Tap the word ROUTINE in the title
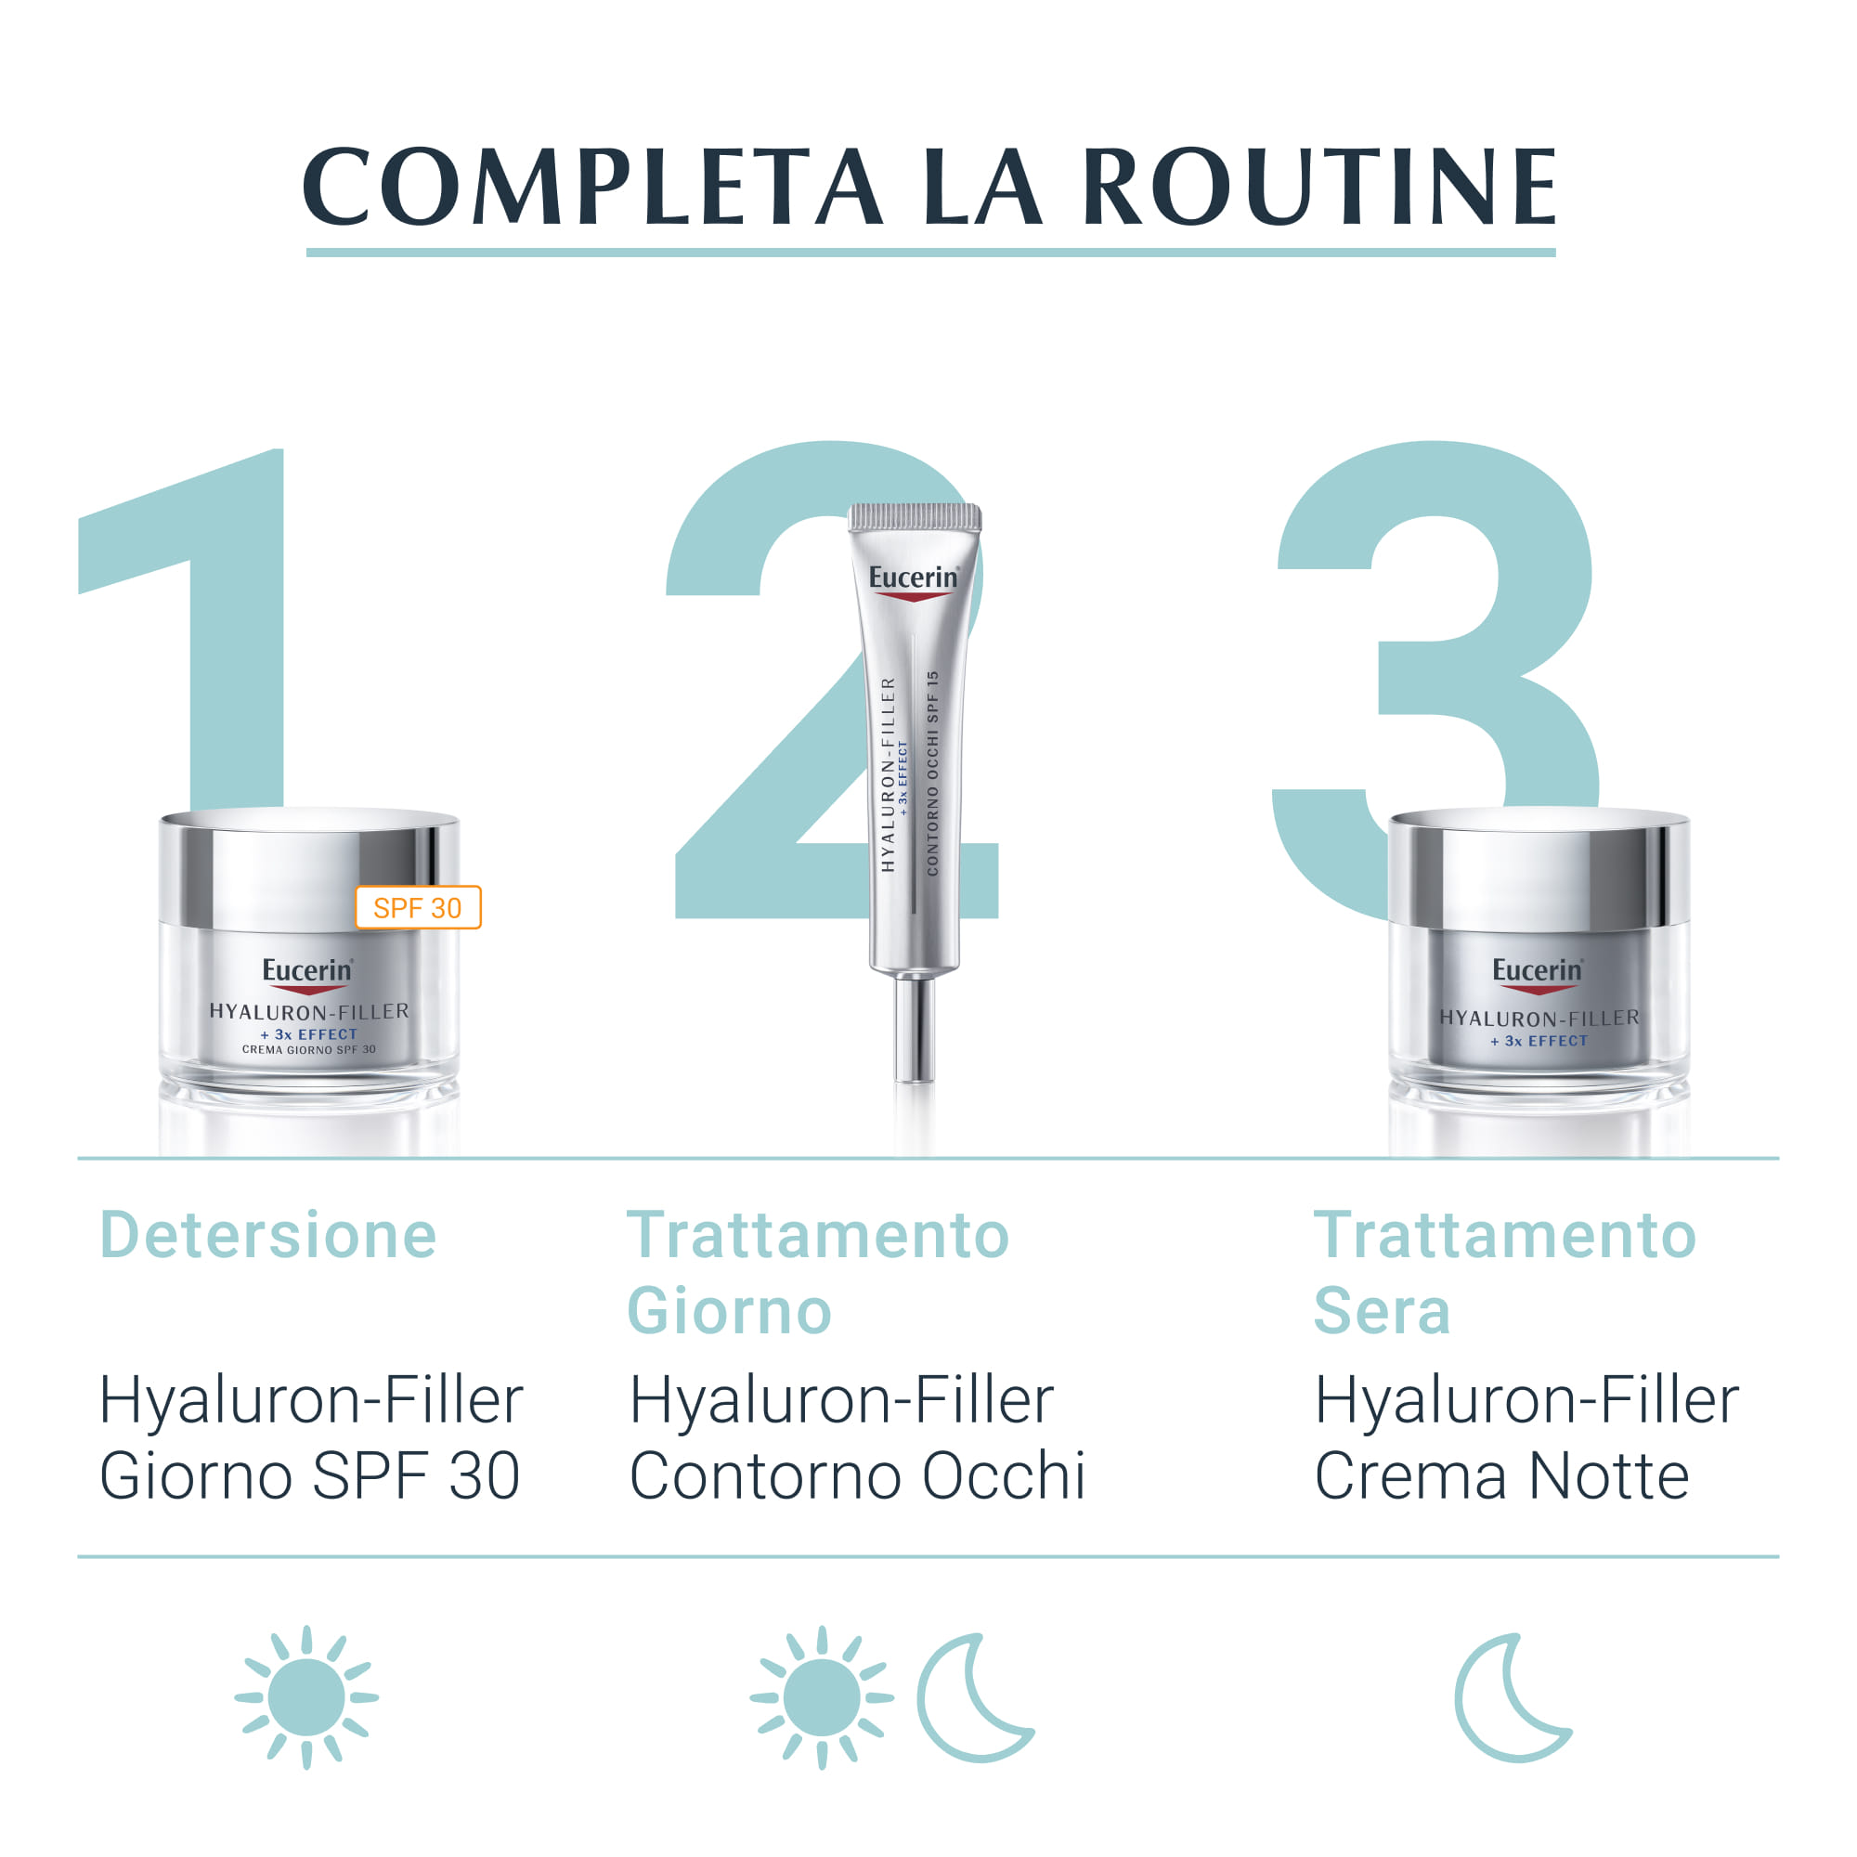click(x=1318, y=188)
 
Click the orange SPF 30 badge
click(x=417, y=907)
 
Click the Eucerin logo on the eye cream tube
click(x=913, y=578)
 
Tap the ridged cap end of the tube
click(x=914, y=517)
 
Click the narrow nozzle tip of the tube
click(x=913, y=1029)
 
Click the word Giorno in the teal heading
click(x=729, y=1311)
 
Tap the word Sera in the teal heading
click(x=1382, y=1311)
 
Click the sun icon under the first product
click(x=306, y=1697)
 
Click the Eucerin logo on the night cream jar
click(x=1537, y=971)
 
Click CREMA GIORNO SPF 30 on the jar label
click(x=308, y=1049)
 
